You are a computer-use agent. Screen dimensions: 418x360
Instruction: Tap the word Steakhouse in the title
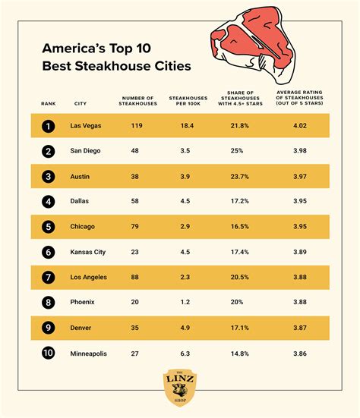(102, 66)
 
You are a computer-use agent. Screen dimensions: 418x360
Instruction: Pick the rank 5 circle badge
(49, 226)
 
